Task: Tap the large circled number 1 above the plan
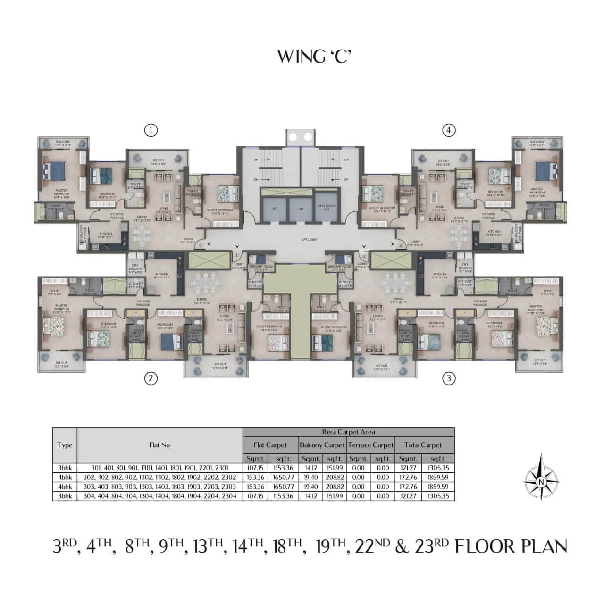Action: click(x=151, y=130)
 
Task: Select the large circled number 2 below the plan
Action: click(x=151, y=378)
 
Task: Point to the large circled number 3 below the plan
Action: click(x=449, y=378)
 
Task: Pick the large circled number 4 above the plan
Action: click(x=449, y=130)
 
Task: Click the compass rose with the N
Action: click(x=541, y=481)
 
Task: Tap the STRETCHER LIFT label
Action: click(x=327, y=208)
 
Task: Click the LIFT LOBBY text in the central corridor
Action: click(x=310, y=240)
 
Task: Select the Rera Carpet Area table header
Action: click(x=348, y=432)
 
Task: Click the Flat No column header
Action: click(x=159, y=445)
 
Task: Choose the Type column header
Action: click(x=65, y=445)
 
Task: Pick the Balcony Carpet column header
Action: click(x=322, y=445)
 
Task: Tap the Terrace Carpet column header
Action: click(x=370, y=445)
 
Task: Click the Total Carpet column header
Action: click(x=423, y=445)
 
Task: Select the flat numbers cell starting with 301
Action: click(x=159, y=468)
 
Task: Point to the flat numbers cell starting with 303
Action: click(x=159, y=487)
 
